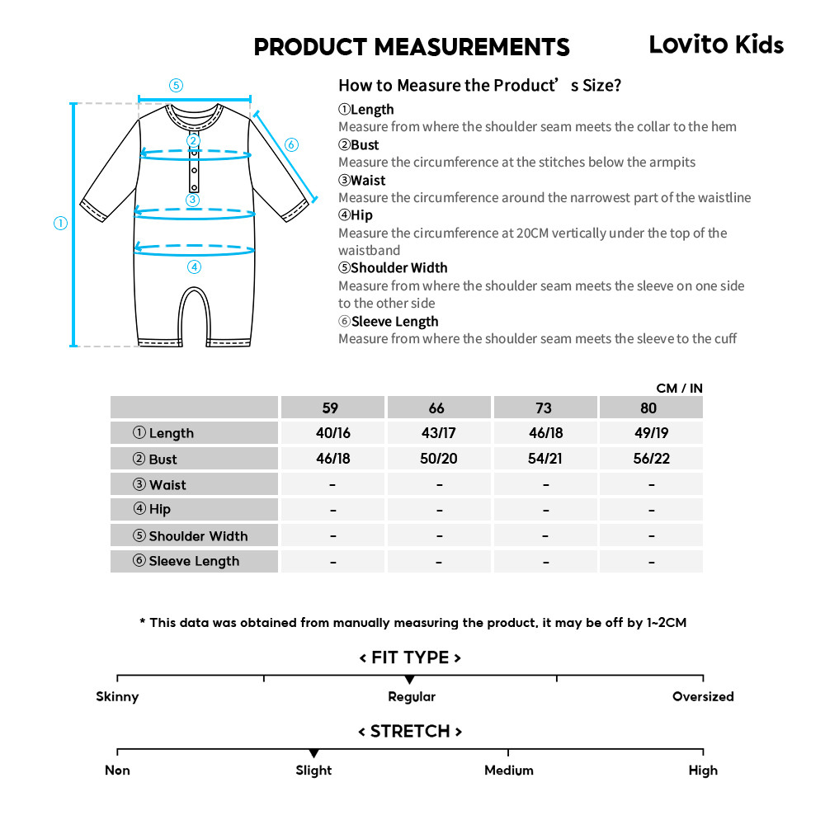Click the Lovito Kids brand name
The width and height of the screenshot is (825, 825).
[x=716, y=45]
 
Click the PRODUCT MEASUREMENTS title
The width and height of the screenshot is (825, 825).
[x=412, y=47]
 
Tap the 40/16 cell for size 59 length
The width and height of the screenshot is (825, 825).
[x=332, y=433]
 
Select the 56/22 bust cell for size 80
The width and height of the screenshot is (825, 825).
[x=651, y=459]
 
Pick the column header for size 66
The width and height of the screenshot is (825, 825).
[x=437, y=408]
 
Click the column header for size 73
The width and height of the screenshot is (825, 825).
[x=544, y=408]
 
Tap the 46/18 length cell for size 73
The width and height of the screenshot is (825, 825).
[x=545, y=433]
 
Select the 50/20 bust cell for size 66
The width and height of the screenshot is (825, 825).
[x=439, y=459]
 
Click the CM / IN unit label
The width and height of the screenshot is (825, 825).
[x=679, y=388]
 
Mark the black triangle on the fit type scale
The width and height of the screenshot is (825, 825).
[x=410, y=679]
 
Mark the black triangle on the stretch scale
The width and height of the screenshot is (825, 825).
[x=313, y=753]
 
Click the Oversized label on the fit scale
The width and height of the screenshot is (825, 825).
[x=703, y=696]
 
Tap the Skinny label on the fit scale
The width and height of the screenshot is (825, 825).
[x=117, y=696]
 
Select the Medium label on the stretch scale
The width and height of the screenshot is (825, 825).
[x=508, y=771]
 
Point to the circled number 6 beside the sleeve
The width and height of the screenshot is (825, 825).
[x=291, y=145]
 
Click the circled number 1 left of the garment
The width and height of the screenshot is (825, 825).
[x=60, y=224]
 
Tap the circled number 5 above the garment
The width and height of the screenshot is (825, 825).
[x=176, y=85]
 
